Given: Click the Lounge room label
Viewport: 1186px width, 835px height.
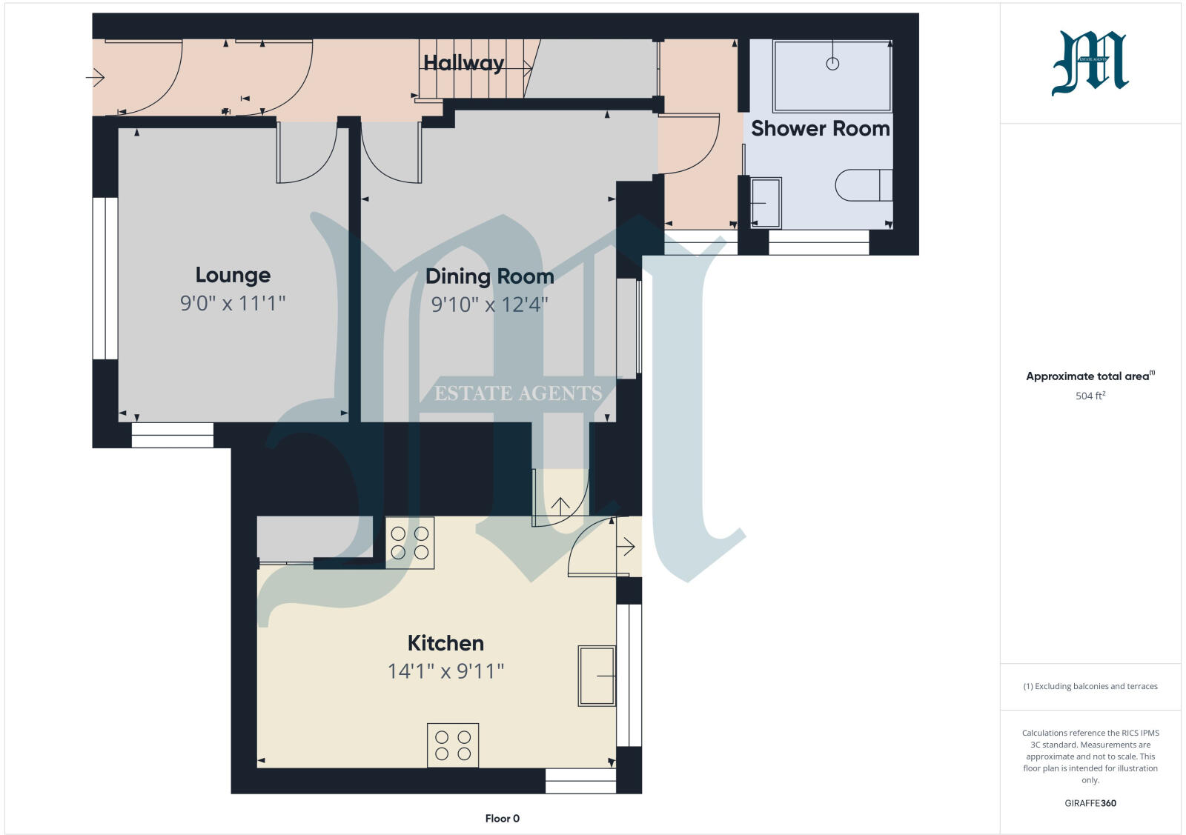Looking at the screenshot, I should (x=233, y=275).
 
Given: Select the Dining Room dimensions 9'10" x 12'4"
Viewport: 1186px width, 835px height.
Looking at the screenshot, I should (x=489, y=305).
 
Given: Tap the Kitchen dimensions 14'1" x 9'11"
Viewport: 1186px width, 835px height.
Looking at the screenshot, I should (x=445, y=671).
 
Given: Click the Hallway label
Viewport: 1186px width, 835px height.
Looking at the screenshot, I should (x=463, y=63).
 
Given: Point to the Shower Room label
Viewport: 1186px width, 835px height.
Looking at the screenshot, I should (x=820, y=128).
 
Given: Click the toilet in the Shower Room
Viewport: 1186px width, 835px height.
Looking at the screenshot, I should (x=863, y=185).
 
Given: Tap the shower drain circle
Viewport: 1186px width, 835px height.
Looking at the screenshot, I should (x=832, y=64).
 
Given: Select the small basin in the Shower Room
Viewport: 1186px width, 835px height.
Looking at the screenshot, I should (x=766, y=202).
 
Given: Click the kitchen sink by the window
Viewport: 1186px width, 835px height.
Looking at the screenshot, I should (x=597, y=676).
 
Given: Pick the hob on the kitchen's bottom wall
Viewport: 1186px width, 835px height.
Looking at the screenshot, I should (x=453, y=745).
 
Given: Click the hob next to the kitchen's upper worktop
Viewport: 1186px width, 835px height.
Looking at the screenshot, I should (x=410, y=542).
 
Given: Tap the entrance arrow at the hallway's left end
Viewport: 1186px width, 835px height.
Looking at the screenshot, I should (x=96, y=76).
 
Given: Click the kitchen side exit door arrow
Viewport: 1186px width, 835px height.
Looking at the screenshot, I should (x=626, y=548).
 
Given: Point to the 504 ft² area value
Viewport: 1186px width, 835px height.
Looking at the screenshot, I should (x=1090, y=396).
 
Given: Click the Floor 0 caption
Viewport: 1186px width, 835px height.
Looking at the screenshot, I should (x=502, y=819).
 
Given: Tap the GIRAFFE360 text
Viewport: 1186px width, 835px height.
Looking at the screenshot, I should (x=1090, y=803).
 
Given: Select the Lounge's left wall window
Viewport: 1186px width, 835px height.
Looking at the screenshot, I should (x=105, y=278).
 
